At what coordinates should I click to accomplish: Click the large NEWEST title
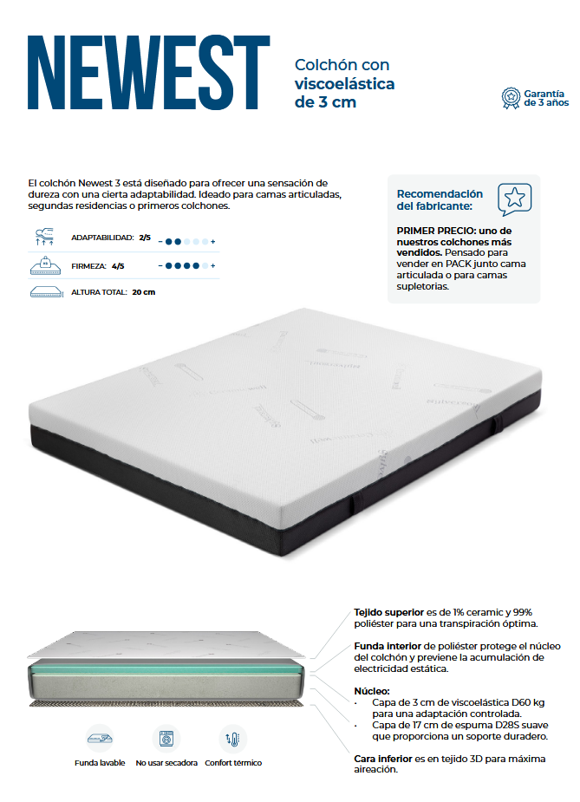coord(149,72)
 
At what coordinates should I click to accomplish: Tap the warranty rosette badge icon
coord(511,98)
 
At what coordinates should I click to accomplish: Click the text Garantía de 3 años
coord(546,98)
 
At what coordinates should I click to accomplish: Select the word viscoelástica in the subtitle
coord(345,83)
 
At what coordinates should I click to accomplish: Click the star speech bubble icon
coord(514,199)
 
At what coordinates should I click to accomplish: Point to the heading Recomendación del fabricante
coord(440,200)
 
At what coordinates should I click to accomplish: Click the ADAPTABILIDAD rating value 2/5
coord(145,238)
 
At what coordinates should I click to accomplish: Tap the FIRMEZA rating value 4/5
coord(118,266)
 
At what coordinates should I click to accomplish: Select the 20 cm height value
coord(143,292)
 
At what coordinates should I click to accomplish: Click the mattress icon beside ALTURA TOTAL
coord(47,292)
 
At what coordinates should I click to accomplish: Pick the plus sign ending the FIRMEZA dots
coord(212,266)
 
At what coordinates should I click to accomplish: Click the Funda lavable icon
coord(100,738)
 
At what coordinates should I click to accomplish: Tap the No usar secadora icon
coord(166,739)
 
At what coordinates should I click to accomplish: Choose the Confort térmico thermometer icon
coord(233,739)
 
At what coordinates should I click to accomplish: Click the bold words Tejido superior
coord(388,612)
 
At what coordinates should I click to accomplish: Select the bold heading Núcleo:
coord(372,691)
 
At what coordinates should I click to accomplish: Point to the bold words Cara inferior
coord(383,759)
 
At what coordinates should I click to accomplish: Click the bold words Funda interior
coord(388,646)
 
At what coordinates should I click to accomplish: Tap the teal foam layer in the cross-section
coord(166,668)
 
